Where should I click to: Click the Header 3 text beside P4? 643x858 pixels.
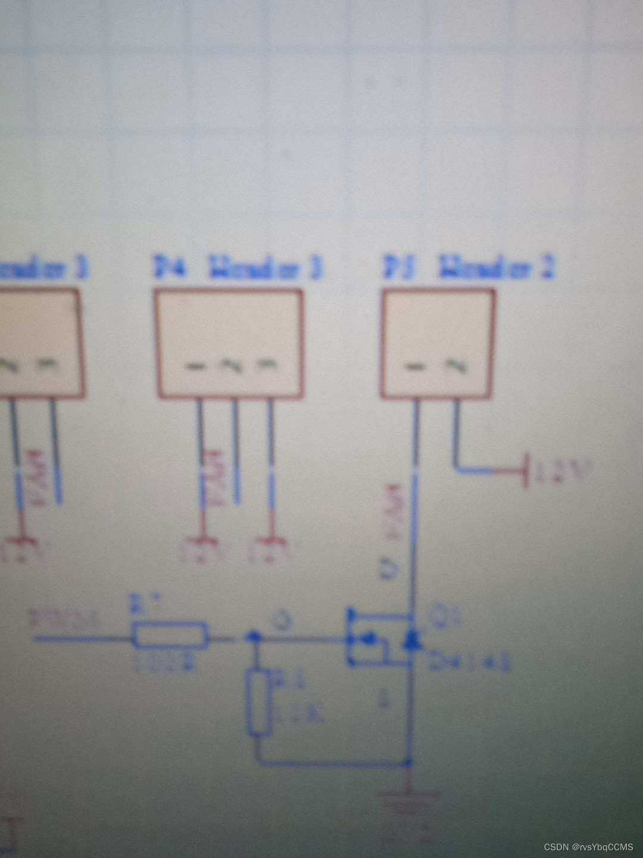tap(265, 268)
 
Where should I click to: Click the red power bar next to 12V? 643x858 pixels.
tap(525, 471)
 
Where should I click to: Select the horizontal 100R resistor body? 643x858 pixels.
tap(170, 635)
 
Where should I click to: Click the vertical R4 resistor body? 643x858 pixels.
tap(258, 702)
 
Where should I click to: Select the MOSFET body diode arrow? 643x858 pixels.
tap(410, 640)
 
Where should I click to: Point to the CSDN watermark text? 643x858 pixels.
tap(588, 847)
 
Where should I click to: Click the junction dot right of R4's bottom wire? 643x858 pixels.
tap(408, 761)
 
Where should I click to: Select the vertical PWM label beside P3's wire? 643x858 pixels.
tap(394, 512)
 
